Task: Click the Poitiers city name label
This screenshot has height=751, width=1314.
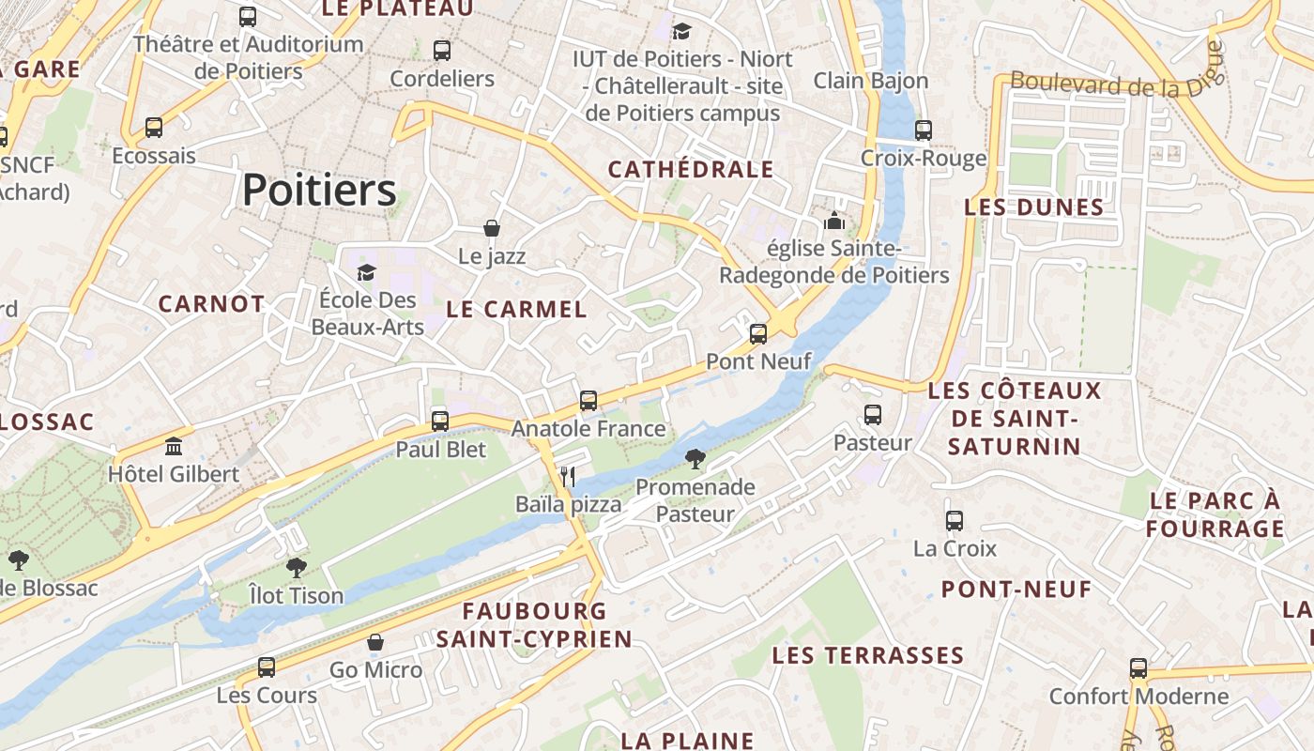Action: tap(319, 191)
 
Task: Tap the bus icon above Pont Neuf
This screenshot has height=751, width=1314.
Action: tap(758, 333)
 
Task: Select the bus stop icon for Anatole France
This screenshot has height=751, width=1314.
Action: tap(588, 401)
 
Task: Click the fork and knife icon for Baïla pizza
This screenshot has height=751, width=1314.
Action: tap(567, 476)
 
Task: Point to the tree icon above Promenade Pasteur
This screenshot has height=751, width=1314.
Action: tap(695, 459)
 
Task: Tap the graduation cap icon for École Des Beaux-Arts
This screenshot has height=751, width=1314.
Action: tap(366, 272)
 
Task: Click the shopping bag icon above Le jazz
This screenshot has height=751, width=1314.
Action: tap(491, 228)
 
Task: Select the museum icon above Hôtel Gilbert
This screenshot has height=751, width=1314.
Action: tap(174, 446)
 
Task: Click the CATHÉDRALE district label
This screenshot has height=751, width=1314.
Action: tap(691, 170)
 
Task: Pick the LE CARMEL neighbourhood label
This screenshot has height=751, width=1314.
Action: tap(516, 309)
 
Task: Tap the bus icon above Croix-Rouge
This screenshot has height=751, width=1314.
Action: tap(924, 130)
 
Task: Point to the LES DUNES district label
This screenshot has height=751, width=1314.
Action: tap(1033, 207)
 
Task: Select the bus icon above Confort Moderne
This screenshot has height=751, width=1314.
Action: tap(1138, 668)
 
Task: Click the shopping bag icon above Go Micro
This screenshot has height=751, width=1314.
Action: tap(375, 642)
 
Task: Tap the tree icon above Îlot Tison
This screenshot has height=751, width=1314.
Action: tap(297, 568)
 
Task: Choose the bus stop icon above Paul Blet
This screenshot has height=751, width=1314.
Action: tap(440, 421)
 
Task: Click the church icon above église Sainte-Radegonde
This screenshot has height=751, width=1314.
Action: tap(833, 222)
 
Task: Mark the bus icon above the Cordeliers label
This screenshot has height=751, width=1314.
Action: tap(442, 51)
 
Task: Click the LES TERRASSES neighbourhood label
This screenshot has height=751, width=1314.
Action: tap(868, 655)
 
